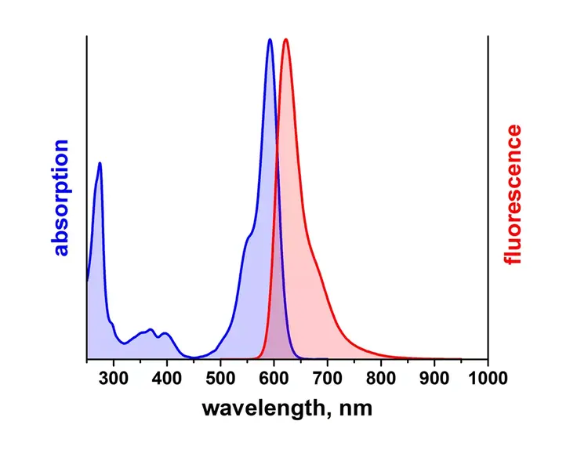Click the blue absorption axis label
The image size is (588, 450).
[x=61, y=198]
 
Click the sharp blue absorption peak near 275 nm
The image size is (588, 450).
[x=100, y=163]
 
